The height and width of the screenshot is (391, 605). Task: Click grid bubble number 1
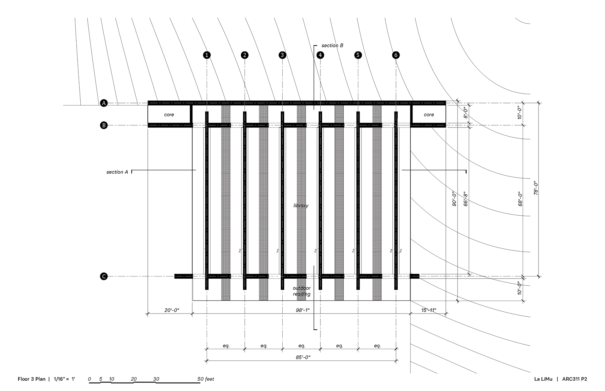click(207, 55)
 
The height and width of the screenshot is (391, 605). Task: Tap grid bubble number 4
click(320, 55)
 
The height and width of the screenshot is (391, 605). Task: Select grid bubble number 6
click(396, 55)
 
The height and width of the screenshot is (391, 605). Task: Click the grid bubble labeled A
click(104, 103)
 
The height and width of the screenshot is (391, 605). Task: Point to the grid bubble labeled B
click(104, 125)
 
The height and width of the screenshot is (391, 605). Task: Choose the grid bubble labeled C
click(104, 276)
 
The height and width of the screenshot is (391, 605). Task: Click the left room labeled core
click(169, 115)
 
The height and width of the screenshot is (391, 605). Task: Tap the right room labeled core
click(429, 115)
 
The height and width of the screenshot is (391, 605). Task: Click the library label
click(301, 206)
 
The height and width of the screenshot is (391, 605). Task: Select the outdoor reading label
click(302, 291)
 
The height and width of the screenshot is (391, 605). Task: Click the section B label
click(332, 46)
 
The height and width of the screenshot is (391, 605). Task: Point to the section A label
click(117, 172)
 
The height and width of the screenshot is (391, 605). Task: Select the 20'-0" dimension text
click(172, 310)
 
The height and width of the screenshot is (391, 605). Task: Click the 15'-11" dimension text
click(429, 310)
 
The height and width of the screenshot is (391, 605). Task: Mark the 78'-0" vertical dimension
click(536, 188)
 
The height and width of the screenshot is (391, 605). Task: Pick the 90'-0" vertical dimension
click(454, 199)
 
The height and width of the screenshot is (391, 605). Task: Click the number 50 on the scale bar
click(201, 379)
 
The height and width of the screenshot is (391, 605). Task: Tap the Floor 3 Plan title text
click(32, 379)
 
